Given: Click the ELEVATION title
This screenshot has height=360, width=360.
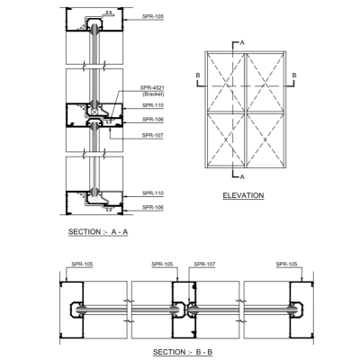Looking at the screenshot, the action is pyautogui.click(x=243, y=195).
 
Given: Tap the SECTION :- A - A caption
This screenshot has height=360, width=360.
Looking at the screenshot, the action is pyautogui.click(x=98, y=232).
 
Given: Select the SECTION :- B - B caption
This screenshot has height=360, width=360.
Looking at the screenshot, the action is pyautogui.click(x=183, y=352).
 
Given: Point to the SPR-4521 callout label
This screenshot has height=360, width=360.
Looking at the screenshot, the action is pyautogui.click(x=152, y=88).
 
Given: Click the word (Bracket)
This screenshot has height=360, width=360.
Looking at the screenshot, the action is pyautogui.click(x=153, y=94).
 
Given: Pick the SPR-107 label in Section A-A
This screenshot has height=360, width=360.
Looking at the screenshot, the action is pyautogui.click(x=152, y=136).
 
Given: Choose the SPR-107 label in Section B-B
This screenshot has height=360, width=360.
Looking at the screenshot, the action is pyautogui.click(x=204, y=265).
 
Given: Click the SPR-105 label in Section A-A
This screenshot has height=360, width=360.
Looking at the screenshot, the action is pyautogui.click(x=153, y=16).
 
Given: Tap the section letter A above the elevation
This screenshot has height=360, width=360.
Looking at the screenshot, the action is pyautogui.click(x=242, y=43).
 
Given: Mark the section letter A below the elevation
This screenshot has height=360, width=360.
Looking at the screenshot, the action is pyautogui.click(x=242, y=177).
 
